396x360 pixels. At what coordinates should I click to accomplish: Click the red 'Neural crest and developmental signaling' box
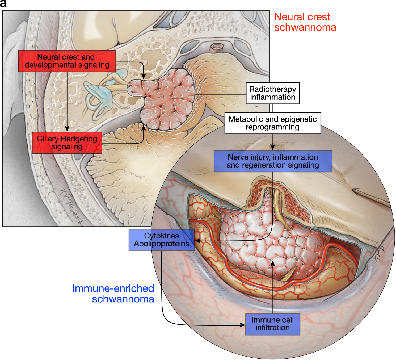click(x=67, y=61)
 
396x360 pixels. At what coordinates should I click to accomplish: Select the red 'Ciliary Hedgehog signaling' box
click(x=67, y=143)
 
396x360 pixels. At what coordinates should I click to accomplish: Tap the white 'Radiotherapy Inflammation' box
click(x=273, y=93)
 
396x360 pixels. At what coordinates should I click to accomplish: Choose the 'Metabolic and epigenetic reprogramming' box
click(x=273, y=123)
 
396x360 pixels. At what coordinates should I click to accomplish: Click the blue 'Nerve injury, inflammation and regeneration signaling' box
click(x=273, y=161)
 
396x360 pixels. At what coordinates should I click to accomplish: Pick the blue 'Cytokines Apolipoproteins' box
click(x=161, y=240)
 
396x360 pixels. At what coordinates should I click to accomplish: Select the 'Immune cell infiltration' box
click(x=273, y=324)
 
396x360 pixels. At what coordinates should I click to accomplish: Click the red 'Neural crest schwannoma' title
click(x=305, y=22)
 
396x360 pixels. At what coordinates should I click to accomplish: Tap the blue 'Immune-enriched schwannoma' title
click(x=113, y=294)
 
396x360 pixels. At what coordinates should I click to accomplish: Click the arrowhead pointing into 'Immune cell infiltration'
click(x=242, y=325)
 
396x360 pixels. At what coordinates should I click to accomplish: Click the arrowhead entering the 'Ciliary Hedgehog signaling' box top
click(x=67, y=129)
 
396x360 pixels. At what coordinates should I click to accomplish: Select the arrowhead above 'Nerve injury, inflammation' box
click(x=273, y=148)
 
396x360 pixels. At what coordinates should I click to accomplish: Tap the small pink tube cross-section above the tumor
click(x=216, y=48)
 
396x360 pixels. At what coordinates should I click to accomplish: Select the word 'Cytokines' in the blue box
click(x=161, y=236)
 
